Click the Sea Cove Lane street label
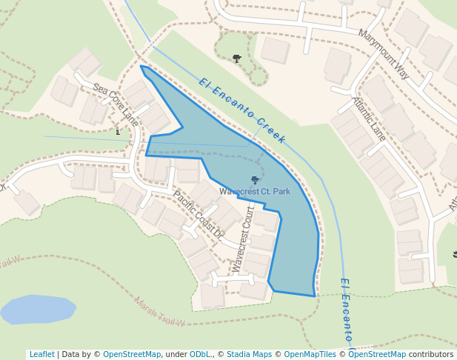[x=116, y=104]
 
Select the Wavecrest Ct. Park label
[x=255, y=191]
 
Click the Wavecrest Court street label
[x=242, y=239]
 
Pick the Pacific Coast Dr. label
[x=198, y=214]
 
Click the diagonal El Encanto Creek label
[x=242, y=110]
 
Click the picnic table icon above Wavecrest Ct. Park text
[x=255, y=180]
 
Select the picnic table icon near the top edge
[x=237, y=58]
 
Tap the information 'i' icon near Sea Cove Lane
[x=118, y=132]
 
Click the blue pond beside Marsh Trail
[x=37, y=309]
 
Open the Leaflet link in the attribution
[x=41, y=355]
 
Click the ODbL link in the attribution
[x=200, y=355]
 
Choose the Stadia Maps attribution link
[x=249, y=355]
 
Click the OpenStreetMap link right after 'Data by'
[x=132, y=355]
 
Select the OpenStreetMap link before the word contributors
[x=377, y=355]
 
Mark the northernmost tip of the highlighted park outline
[x=141, y=66]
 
